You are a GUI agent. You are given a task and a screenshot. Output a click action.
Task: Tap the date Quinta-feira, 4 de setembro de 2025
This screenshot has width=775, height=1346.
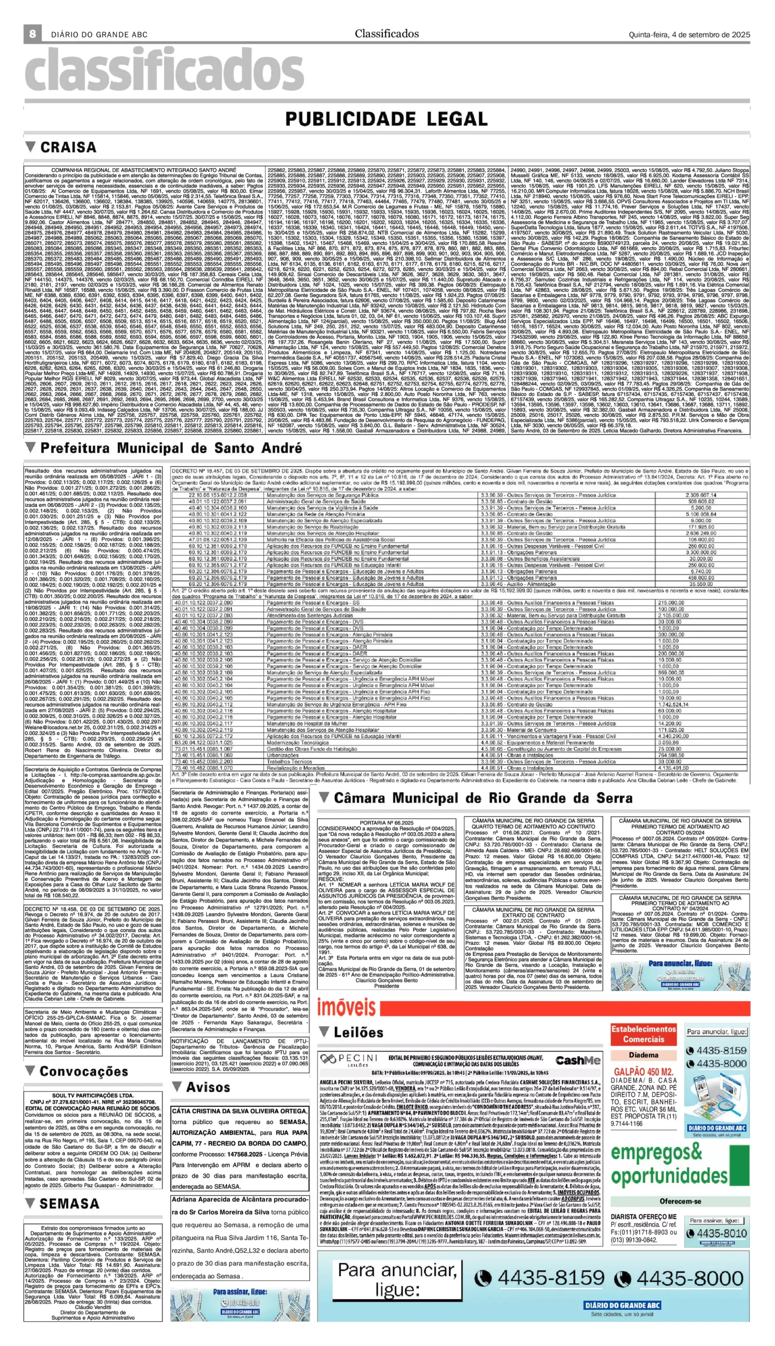(689, 35)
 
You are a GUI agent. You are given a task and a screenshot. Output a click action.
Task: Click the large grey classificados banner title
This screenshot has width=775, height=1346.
(165, 72)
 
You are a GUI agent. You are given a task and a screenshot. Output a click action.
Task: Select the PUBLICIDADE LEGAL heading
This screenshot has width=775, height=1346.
(386, 119)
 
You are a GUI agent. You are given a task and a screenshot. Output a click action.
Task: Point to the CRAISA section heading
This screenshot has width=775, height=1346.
(68, 147)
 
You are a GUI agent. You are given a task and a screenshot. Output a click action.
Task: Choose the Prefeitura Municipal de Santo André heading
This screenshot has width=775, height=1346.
(171, 447)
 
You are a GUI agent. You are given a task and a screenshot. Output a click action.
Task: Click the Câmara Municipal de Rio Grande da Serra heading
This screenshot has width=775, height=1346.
(483, 798)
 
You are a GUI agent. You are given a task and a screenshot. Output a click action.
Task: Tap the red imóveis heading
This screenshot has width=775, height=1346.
(346, 1008)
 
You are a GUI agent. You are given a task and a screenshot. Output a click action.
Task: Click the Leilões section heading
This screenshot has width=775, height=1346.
(358, 1033)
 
